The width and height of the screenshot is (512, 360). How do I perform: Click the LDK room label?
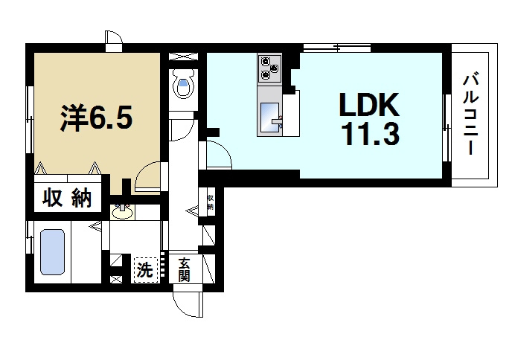click(x=369, y=104)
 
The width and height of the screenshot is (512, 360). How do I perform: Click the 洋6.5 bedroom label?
click(x=96, y=118)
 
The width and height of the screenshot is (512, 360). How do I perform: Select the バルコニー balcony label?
click(x=470, y=115)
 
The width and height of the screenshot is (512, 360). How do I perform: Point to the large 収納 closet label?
click(x=67, y=198)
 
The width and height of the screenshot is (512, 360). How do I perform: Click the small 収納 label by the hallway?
click(x=211, y=202)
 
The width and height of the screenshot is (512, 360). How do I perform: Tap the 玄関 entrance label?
click(x=185, y=270)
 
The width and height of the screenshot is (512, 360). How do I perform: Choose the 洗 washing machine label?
click(x=144, y=270)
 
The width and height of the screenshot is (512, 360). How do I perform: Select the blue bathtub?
click(x=52, y=252)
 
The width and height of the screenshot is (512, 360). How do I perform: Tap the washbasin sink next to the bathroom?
click(x=123, y=212)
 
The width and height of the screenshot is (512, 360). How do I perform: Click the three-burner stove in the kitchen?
click(x=269, y=69)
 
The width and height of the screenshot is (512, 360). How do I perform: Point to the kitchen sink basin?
click(x=269, y=118)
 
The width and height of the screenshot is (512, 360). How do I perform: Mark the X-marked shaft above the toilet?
click(x=184, y=56)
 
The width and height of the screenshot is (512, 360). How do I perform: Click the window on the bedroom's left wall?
click(x=30, y=120)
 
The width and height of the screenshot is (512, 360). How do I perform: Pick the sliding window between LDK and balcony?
click(x=447, y=128)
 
